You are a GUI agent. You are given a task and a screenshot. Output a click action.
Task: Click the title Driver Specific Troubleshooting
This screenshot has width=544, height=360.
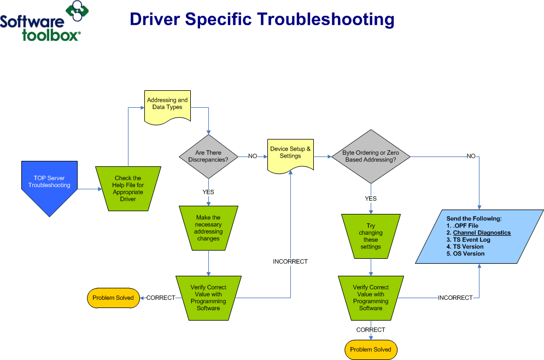pos(262,19)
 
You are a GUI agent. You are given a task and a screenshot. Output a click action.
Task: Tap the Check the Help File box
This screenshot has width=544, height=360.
pos(128,188)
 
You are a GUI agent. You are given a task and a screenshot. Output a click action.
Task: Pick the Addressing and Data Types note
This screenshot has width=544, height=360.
pos(167,104)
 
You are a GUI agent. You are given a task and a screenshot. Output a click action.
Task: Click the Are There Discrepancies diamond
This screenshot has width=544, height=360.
pos(208,156)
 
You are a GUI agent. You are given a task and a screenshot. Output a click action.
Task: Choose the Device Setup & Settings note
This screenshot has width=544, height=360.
pos(290,153)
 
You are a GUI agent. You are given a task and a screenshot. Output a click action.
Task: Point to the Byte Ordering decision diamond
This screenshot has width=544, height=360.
pos(370,156)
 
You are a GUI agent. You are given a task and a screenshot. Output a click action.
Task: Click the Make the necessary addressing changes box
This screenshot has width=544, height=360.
pos(208,228)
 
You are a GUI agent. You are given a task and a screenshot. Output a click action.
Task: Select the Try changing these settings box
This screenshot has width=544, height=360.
pos(371,236)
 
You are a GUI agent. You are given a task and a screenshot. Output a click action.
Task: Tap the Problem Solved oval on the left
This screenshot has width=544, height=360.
pos(113,298)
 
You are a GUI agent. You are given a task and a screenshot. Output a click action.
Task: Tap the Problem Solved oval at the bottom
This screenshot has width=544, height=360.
pos(371,350)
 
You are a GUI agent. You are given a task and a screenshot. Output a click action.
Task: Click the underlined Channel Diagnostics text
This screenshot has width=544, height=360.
pos(482,233)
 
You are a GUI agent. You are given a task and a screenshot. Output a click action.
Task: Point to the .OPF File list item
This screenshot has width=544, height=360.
pos(465,225)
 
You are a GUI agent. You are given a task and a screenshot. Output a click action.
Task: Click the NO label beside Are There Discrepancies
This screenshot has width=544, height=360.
pos(253,156)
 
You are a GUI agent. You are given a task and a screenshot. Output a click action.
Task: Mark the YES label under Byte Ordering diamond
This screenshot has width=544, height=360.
pos(371,199)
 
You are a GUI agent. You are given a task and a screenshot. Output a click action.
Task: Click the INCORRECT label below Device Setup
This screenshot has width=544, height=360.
pos(290,262)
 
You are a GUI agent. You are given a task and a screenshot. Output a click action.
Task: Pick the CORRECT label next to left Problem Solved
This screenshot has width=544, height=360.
pos(161,298)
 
